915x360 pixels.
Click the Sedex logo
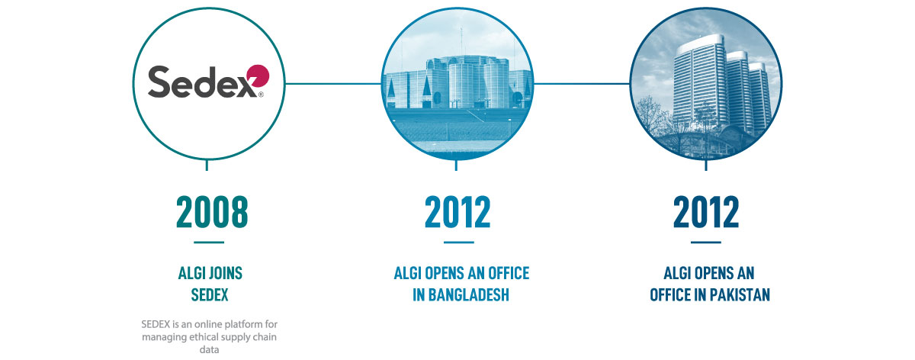[x=208, y=82]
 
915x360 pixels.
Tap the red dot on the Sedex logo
[x=258, y=76]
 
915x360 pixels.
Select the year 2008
[x=212, y=212]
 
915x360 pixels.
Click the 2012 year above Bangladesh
[x=457, y=212]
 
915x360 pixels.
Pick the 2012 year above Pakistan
[x=706, y=212]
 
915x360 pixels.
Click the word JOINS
[x=226, y=273]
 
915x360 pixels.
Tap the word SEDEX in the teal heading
[x=210, y=294]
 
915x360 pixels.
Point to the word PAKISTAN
[x=740, y=294]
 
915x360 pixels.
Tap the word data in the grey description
[x=209, y=349]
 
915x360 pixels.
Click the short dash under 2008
[x=209, y=243]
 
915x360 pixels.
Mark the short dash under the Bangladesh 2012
[x=459, y=243]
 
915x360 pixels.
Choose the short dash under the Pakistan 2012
[x=706, y=243]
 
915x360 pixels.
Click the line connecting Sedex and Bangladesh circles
[x=333, y=84]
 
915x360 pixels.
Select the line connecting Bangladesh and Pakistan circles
[x=582, y=84]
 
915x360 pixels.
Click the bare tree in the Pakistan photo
[x=652, y=117]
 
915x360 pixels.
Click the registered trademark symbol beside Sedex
[x=261, y=95]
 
